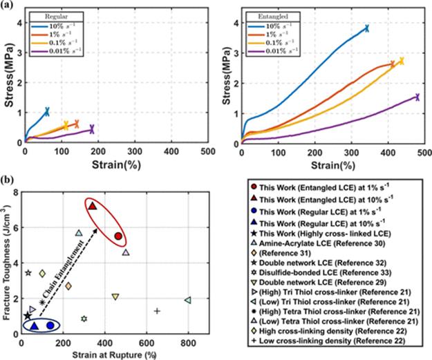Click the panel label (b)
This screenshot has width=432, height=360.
click(8, 180)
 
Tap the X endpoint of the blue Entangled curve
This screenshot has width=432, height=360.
click(366, 28)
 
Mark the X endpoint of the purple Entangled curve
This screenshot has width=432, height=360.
click(417, 97)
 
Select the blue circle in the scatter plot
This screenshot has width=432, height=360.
click(50, 325)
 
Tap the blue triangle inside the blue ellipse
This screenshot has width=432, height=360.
click(35, 325)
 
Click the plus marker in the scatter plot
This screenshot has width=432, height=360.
click(157, 311)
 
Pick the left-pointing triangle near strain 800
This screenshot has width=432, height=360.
click(188, 300)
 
